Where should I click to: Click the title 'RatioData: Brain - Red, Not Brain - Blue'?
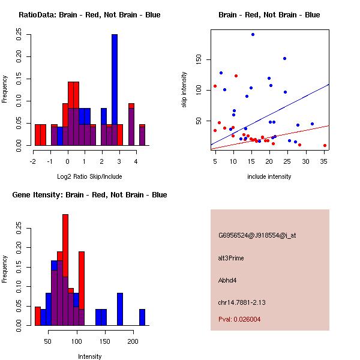click(89, 15)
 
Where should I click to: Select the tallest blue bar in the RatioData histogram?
click(115, 90)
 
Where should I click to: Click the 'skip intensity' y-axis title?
click(184, 90)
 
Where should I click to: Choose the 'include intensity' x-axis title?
click(269, 176)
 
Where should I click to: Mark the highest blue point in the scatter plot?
click(253, 34)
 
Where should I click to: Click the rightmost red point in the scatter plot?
click(325, 145)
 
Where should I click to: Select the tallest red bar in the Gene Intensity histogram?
click(65, 270)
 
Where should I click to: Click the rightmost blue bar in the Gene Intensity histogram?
click(142, 317)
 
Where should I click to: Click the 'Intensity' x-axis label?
click(89, 356)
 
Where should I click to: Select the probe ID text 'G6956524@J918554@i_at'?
click(257, 235)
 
